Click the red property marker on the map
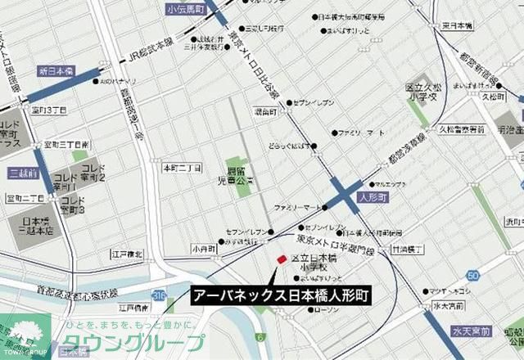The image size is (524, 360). (x=282, y=259)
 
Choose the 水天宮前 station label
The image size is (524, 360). (x=470, y=331)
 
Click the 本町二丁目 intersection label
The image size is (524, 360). (x=182, y=168)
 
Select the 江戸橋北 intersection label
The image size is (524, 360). (x=127, y=254)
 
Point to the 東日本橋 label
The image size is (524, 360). (x=456, y=25)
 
